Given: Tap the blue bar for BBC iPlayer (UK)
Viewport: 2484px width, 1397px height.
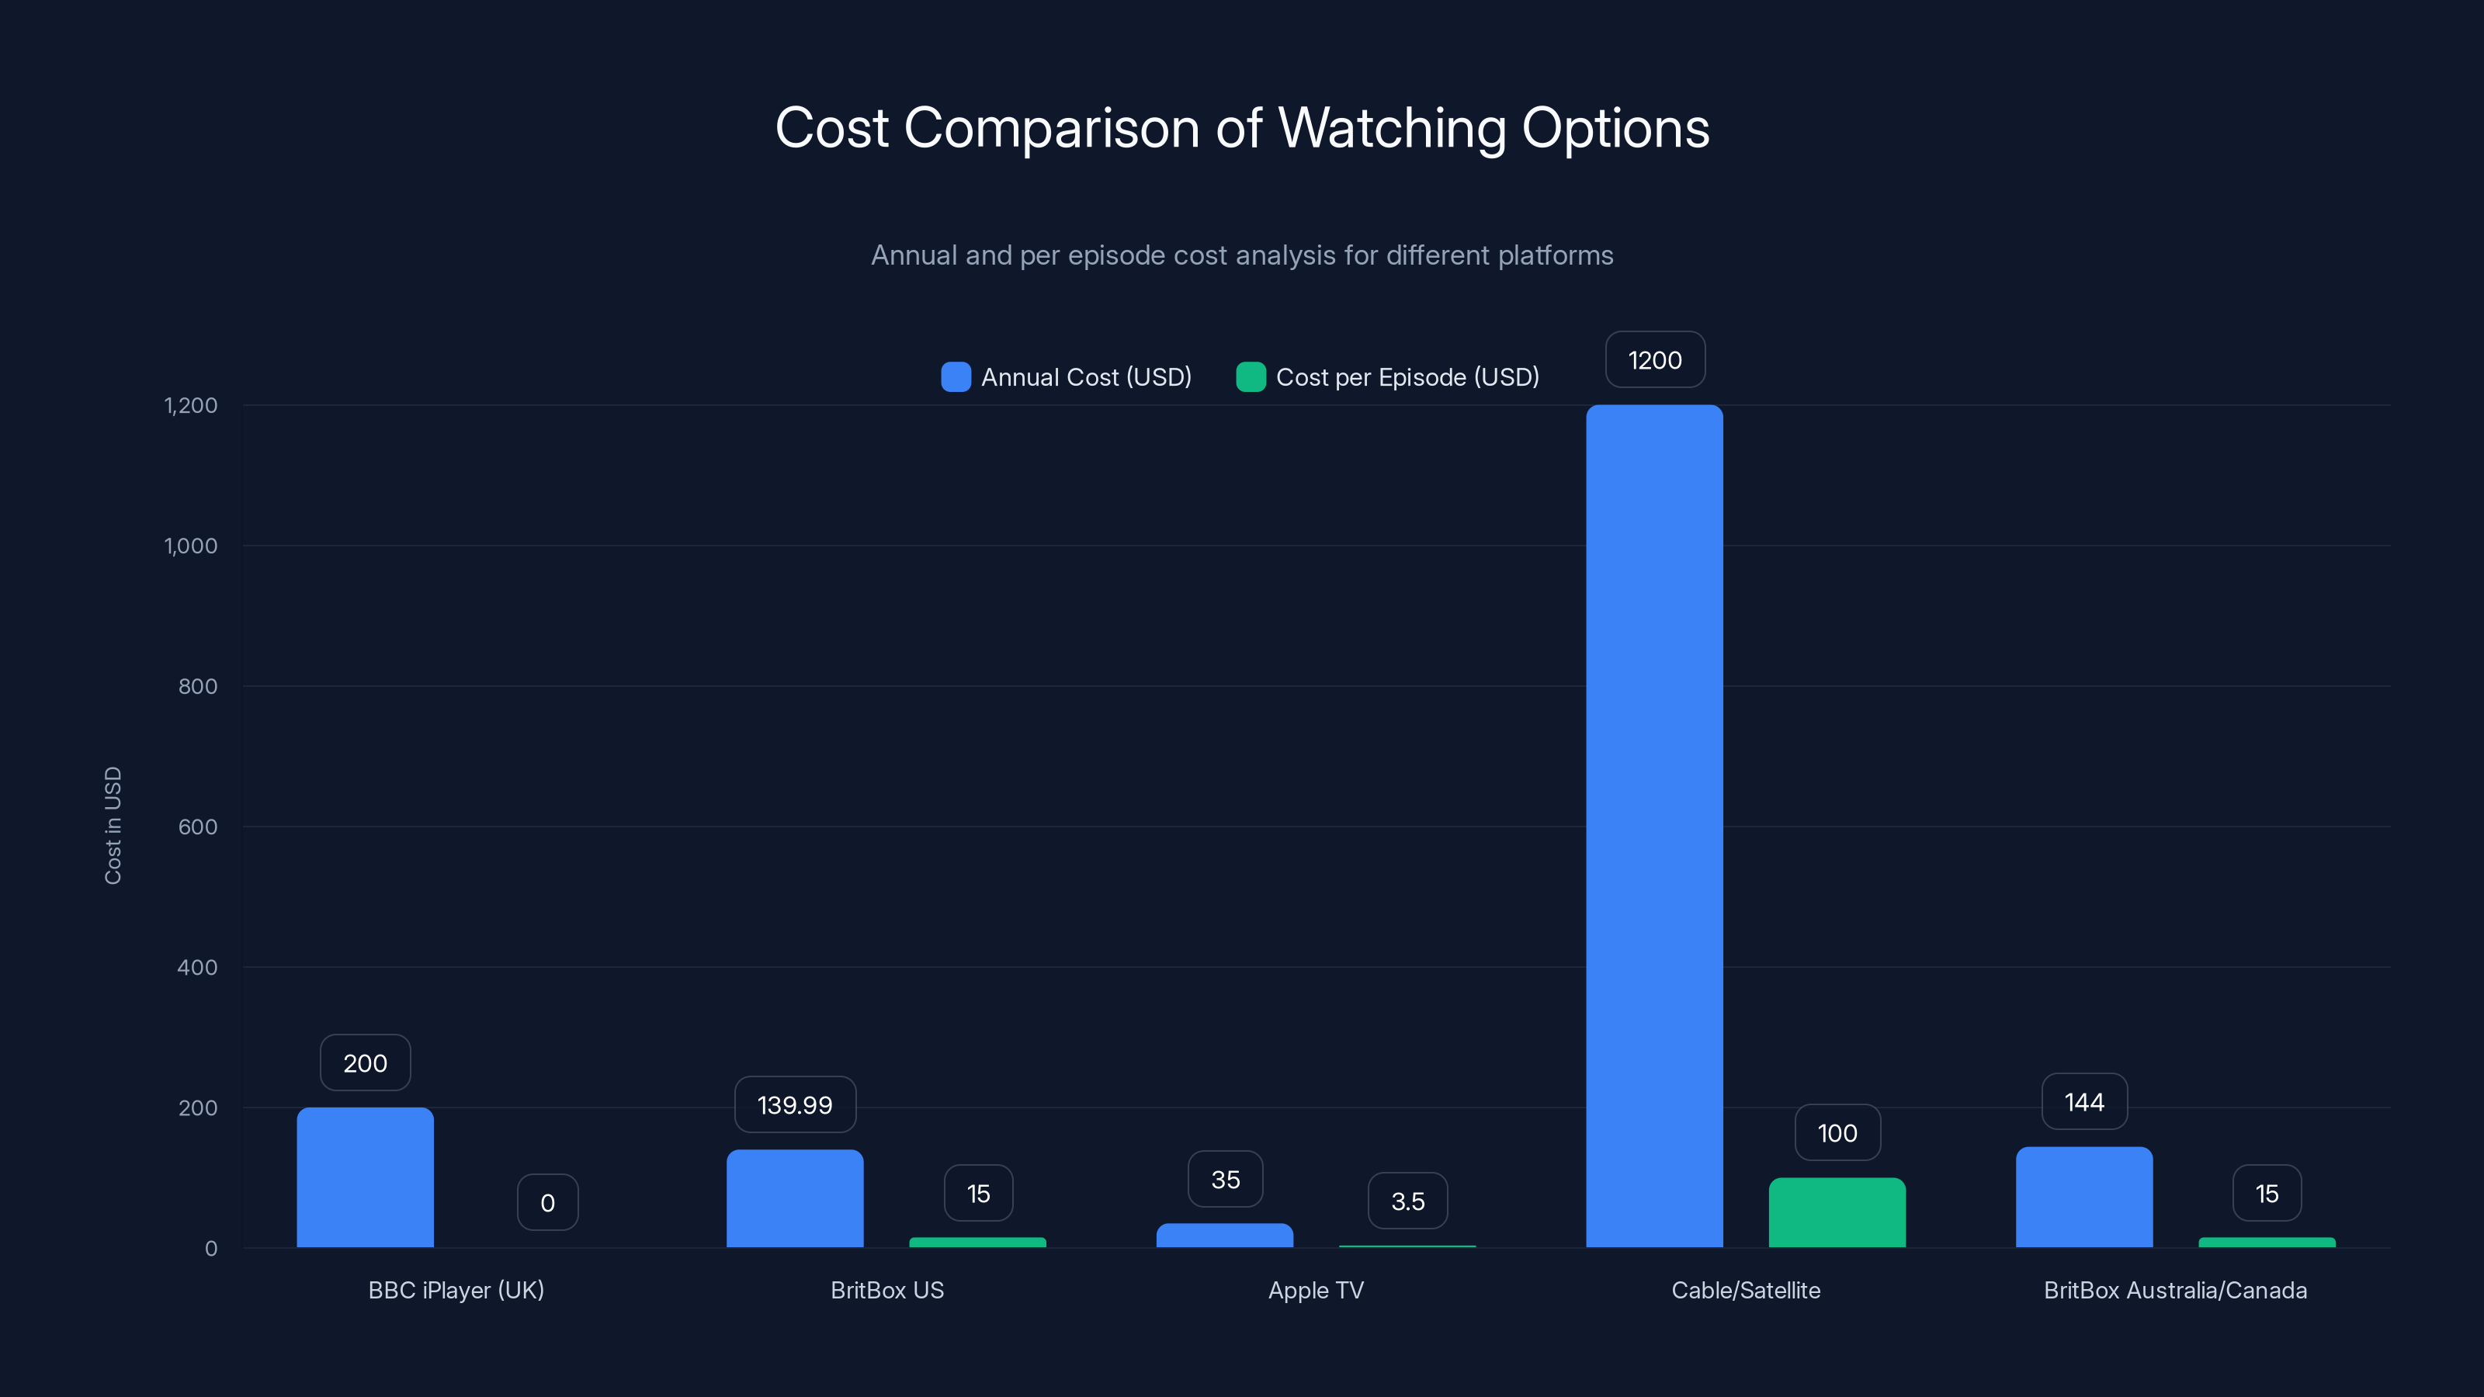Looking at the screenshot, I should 365,1177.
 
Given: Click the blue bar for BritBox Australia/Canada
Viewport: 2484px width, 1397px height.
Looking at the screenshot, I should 2083,1197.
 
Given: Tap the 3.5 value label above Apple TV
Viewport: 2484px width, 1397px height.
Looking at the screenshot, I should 1408,1201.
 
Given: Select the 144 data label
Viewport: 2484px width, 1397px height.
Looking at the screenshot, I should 2083,1101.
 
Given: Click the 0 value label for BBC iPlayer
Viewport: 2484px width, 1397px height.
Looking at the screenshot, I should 548,1202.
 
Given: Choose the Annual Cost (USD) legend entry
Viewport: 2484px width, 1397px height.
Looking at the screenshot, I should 1067,377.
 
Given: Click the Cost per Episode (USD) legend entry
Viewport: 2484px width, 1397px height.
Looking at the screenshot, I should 1388,377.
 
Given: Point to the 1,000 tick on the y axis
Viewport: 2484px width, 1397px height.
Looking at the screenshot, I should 191,546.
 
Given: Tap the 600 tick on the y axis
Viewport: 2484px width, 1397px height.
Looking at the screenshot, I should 198,827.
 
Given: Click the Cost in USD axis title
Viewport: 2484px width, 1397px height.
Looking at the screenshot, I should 113,825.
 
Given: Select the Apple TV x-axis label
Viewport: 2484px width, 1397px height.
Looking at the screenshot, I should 1315,1290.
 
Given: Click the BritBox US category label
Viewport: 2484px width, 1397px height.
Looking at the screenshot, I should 887,1290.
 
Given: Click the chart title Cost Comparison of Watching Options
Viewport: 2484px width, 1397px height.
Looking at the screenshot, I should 1242,127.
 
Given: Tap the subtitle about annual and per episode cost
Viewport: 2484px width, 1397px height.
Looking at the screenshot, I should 1242,255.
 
